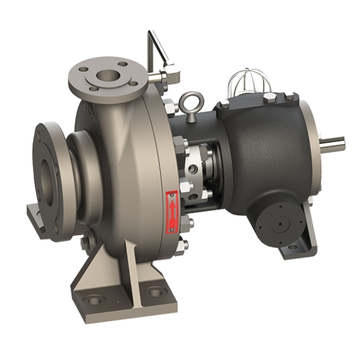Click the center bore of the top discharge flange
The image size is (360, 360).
pyautogui.click(x=109, y=76)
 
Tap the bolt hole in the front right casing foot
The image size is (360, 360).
pyautogui.click(x=155, y=293)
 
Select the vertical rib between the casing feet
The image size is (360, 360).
pyautogui.click(x=130, y=270)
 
